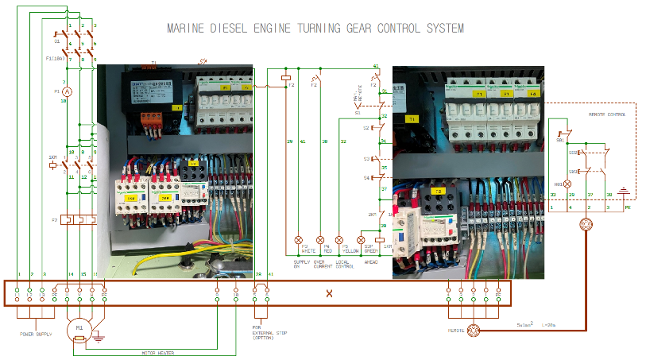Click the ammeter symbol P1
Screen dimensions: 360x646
click(x=68, y=92)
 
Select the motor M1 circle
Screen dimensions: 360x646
click(x=79, y=327)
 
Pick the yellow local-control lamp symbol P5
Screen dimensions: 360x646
click(x=340, y=239)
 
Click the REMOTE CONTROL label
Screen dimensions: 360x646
click(x=607, y=114)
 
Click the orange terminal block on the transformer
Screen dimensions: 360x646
click(x=152, y=121)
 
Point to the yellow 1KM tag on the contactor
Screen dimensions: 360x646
click(x=134, y=196)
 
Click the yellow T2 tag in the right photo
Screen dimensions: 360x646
click(x=436, y=192)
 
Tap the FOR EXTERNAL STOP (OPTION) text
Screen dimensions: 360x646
click(x=264, y=333)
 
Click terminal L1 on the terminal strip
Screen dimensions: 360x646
click(x=17, y=293)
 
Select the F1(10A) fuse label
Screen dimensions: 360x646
click(x=56, y=58)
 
